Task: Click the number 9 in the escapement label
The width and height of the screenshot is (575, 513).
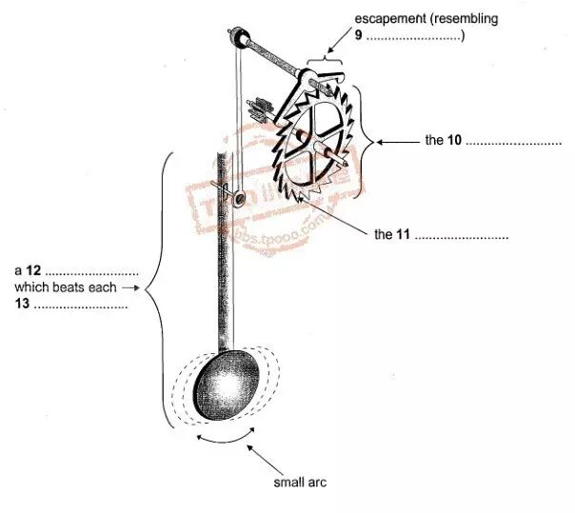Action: click(358, 36)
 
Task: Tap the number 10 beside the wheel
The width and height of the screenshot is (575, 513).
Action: click(454, 141)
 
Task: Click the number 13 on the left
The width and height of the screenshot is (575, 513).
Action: click(21, 304)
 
